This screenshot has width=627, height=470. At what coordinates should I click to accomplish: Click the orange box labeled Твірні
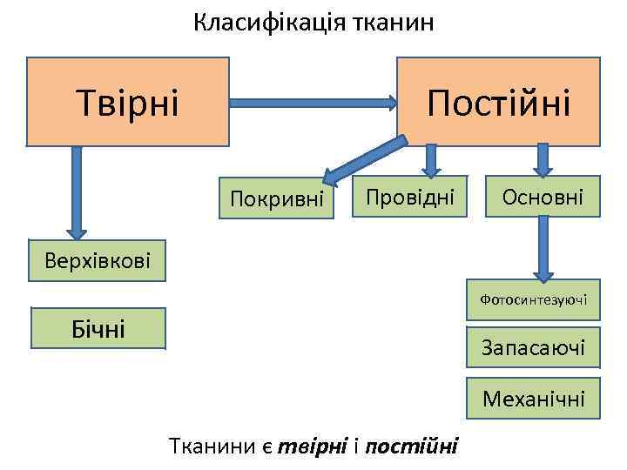click(x=127, y=101)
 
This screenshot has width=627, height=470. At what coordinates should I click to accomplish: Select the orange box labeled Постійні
click(x=498, y=101)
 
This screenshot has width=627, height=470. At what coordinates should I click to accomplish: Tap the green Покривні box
click(x=277, y=199)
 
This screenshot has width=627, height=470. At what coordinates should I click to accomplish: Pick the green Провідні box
click(x=409, y=197)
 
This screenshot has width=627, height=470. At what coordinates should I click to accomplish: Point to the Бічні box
click(x=98, y=328)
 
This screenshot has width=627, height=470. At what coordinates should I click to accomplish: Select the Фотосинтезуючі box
click(x=533, y=300)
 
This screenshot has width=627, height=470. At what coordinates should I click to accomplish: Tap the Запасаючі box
click(x=533, y=348)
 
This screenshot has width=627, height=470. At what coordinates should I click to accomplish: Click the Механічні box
click(x=533, y=398)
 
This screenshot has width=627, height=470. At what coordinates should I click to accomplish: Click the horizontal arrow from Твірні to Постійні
click(x=313, y=102)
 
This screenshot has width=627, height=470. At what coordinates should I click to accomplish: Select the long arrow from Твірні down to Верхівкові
click(x=77, y=191)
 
